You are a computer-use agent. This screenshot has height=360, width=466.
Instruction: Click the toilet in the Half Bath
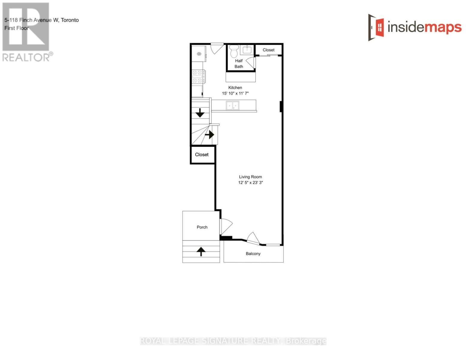234,52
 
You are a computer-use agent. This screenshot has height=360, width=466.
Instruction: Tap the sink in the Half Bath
247,49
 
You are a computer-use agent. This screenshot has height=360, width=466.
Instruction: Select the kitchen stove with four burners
198,76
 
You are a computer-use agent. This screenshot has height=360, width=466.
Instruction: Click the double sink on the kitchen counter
233,106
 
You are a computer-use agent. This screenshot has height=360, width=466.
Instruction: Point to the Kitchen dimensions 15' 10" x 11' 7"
235,93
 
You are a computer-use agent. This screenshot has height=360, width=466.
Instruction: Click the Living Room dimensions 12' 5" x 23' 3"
250,182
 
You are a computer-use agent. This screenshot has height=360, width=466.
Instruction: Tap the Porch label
202,227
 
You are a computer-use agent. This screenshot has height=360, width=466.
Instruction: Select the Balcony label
253,253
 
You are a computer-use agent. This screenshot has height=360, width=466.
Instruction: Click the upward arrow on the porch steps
201,251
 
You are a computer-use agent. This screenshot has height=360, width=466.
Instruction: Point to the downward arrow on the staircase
200,113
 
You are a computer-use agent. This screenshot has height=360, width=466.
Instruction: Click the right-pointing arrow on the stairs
210,135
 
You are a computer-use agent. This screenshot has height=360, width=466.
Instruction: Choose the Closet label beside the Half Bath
268,50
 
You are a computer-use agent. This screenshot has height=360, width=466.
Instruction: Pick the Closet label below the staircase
202,154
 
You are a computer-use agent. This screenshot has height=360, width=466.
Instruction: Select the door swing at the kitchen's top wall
216,48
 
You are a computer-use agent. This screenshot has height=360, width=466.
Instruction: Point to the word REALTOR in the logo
26,57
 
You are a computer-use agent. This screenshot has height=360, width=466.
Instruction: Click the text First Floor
17,28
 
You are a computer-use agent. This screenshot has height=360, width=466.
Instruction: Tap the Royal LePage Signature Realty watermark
233,341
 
